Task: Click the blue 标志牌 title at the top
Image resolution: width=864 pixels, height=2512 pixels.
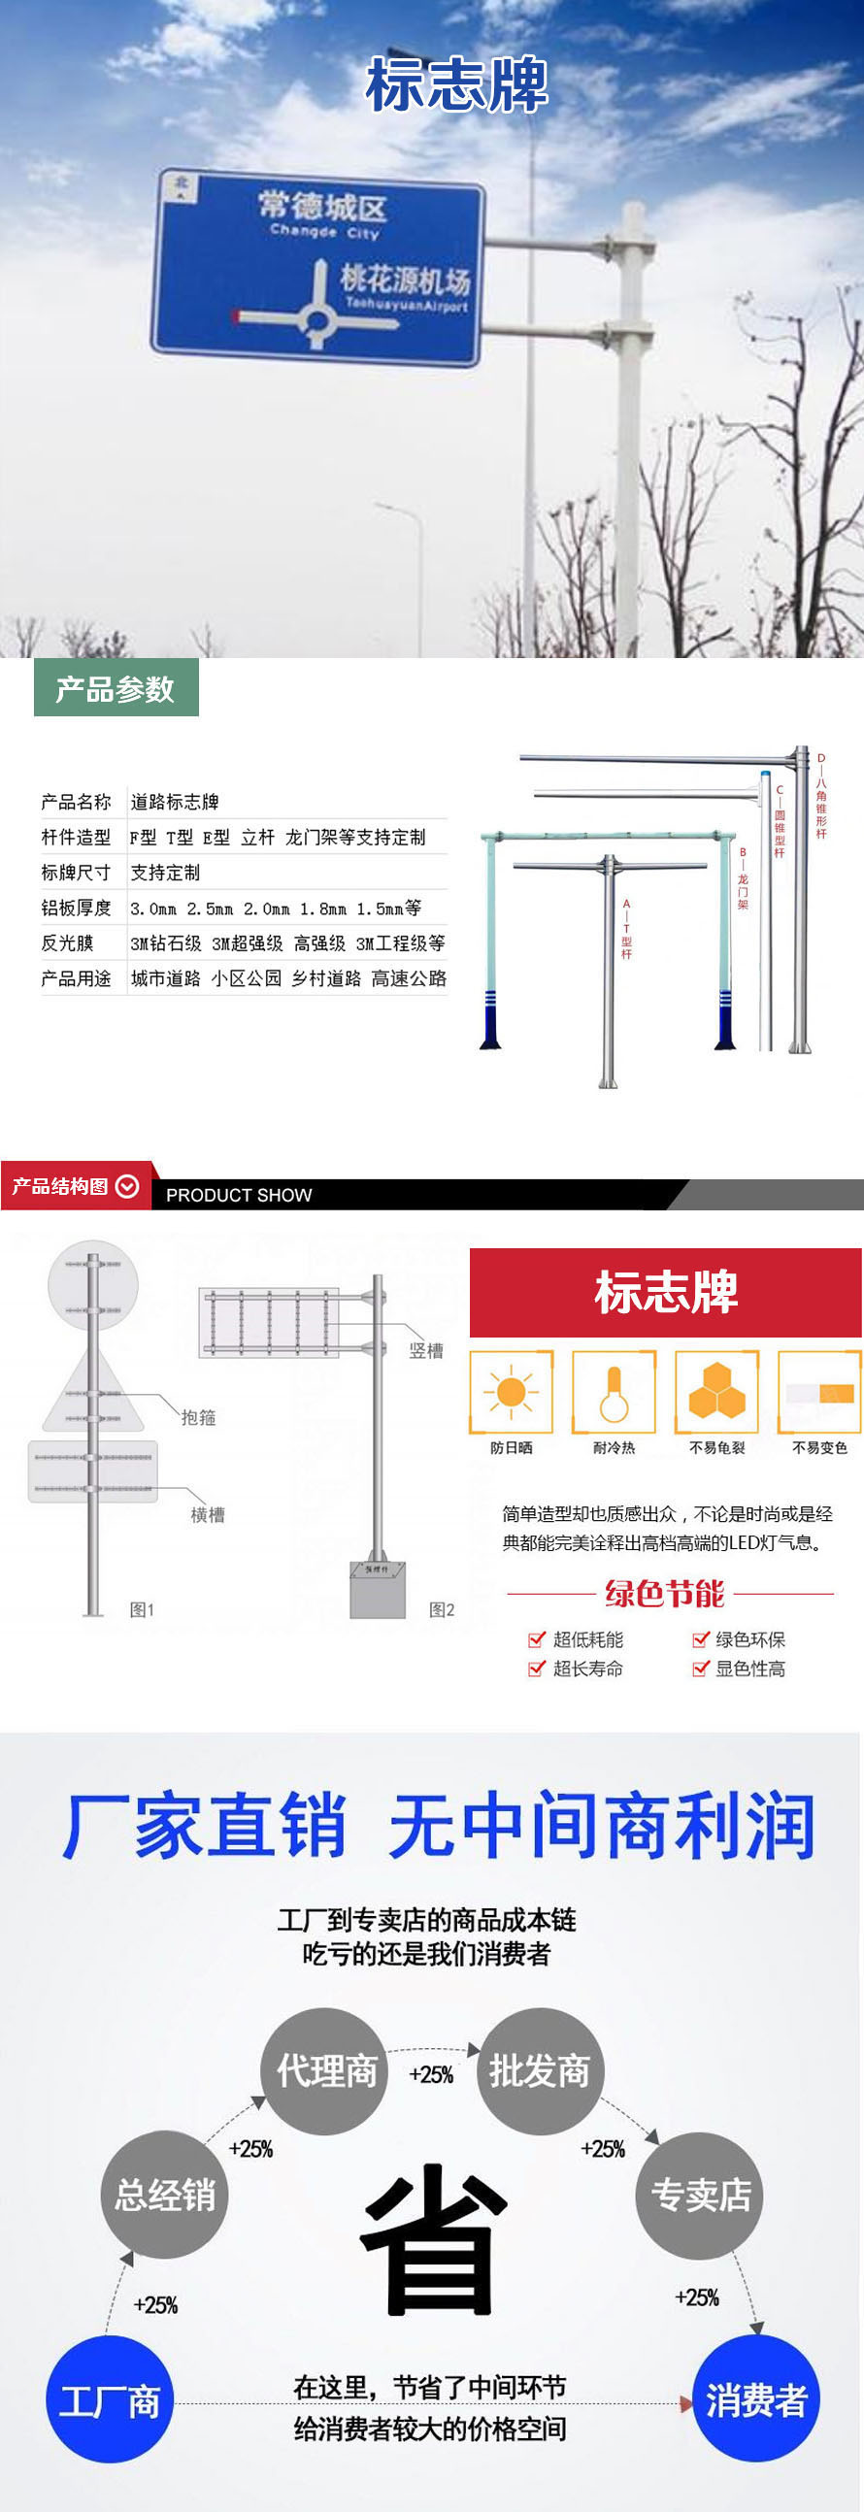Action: point(456,84)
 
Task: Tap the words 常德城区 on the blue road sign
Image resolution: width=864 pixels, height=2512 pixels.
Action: point(322,207)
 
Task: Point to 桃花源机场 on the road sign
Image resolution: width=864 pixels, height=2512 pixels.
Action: point(405,280)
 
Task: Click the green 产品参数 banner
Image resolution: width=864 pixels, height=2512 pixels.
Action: point(116,688)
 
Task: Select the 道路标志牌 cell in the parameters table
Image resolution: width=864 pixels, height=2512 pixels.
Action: point(175,802)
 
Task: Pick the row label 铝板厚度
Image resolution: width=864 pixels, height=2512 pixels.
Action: point(76,908)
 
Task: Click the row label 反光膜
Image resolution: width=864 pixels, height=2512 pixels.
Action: point(67,943)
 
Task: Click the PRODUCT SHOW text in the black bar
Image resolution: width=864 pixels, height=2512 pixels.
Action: point(239,1195)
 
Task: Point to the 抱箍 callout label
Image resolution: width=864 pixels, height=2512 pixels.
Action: point(198,1417)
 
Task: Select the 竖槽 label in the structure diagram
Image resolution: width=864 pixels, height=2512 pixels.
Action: point(426,1350)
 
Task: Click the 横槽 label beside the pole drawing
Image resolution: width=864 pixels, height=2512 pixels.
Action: point(208,1514)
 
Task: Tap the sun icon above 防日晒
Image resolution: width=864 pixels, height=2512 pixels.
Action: point(511,1392)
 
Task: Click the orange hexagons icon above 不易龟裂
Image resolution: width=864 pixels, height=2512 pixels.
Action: point(716,1392)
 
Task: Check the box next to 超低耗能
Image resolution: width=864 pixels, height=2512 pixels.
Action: point(535,1639)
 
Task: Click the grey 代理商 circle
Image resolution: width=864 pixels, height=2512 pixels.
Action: point(326,2071)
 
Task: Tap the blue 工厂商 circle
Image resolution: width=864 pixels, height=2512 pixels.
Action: point(110,2399)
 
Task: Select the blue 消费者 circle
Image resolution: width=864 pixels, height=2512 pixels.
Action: point(755,2398)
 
